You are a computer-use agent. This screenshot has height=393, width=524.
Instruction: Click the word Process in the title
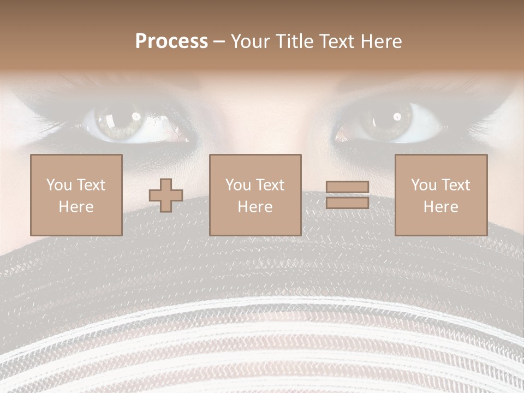171,41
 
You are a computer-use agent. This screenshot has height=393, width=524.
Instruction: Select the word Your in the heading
251,41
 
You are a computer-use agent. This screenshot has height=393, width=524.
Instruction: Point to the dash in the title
219,42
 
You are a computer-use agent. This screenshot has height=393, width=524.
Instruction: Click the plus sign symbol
166,195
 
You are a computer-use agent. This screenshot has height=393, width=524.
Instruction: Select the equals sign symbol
347,195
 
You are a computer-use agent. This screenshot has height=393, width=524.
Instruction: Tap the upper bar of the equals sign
347,187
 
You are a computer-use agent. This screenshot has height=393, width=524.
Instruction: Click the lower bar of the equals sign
347,203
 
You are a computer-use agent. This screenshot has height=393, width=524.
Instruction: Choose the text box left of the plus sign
76,195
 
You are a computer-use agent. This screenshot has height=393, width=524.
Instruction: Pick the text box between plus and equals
255,195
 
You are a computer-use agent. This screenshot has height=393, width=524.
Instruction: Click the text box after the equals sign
440,195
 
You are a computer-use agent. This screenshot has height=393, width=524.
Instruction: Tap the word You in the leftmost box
59,185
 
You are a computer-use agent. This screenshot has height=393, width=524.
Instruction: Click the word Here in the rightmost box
440,206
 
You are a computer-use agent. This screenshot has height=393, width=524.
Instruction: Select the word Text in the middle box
270,185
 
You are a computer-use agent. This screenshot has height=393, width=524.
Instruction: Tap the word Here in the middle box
255,206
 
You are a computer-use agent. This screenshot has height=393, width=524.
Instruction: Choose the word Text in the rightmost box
456,185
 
